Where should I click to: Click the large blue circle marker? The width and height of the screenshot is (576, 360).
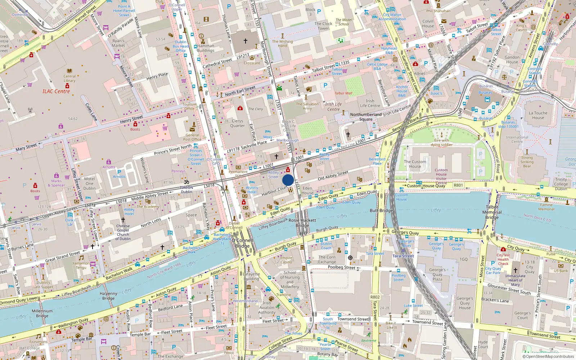(x=288, y=180)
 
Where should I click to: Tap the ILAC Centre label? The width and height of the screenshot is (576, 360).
(x=56, y=91)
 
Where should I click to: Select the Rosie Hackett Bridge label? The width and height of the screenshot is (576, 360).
(x=302, y=222)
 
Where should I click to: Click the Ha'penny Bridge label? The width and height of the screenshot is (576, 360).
(x=108, y=296)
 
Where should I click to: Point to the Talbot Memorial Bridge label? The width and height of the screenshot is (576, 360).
(x=492, y=212)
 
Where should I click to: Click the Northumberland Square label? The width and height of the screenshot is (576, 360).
(x=366, y=117)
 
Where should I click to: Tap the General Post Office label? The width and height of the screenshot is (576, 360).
(x=192, y=137)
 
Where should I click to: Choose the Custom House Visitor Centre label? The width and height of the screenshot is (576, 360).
(x=441, y=176)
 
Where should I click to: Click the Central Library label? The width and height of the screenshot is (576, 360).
(x=69, y=78)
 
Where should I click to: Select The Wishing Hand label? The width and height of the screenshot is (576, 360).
(x=282, y=44)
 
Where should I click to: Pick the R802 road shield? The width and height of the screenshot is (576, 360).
(x=375, y=297)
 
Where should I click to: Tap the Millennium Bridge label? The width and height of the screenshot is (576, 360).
(x=42, y=313)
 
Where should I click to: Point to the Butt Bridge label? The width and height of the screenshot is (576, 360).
(x=381, y=211)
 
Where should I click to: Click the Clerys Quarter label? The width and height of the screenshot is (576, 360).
(x=237, y=123)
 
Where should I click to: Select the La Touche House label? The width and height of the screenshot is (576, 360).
(x=538, y=115)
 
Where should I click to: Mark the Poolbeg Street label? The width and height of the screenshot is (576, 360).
(x=341, y=267)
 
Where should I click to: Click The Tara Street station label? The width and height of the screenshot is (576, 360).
(x=403, y=256)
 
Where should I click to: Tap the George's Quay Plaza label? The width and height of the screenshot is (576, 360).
(x=437, y=274)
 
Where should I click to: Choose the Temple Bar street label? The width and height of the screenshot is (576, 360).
(x=140, y=334)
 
